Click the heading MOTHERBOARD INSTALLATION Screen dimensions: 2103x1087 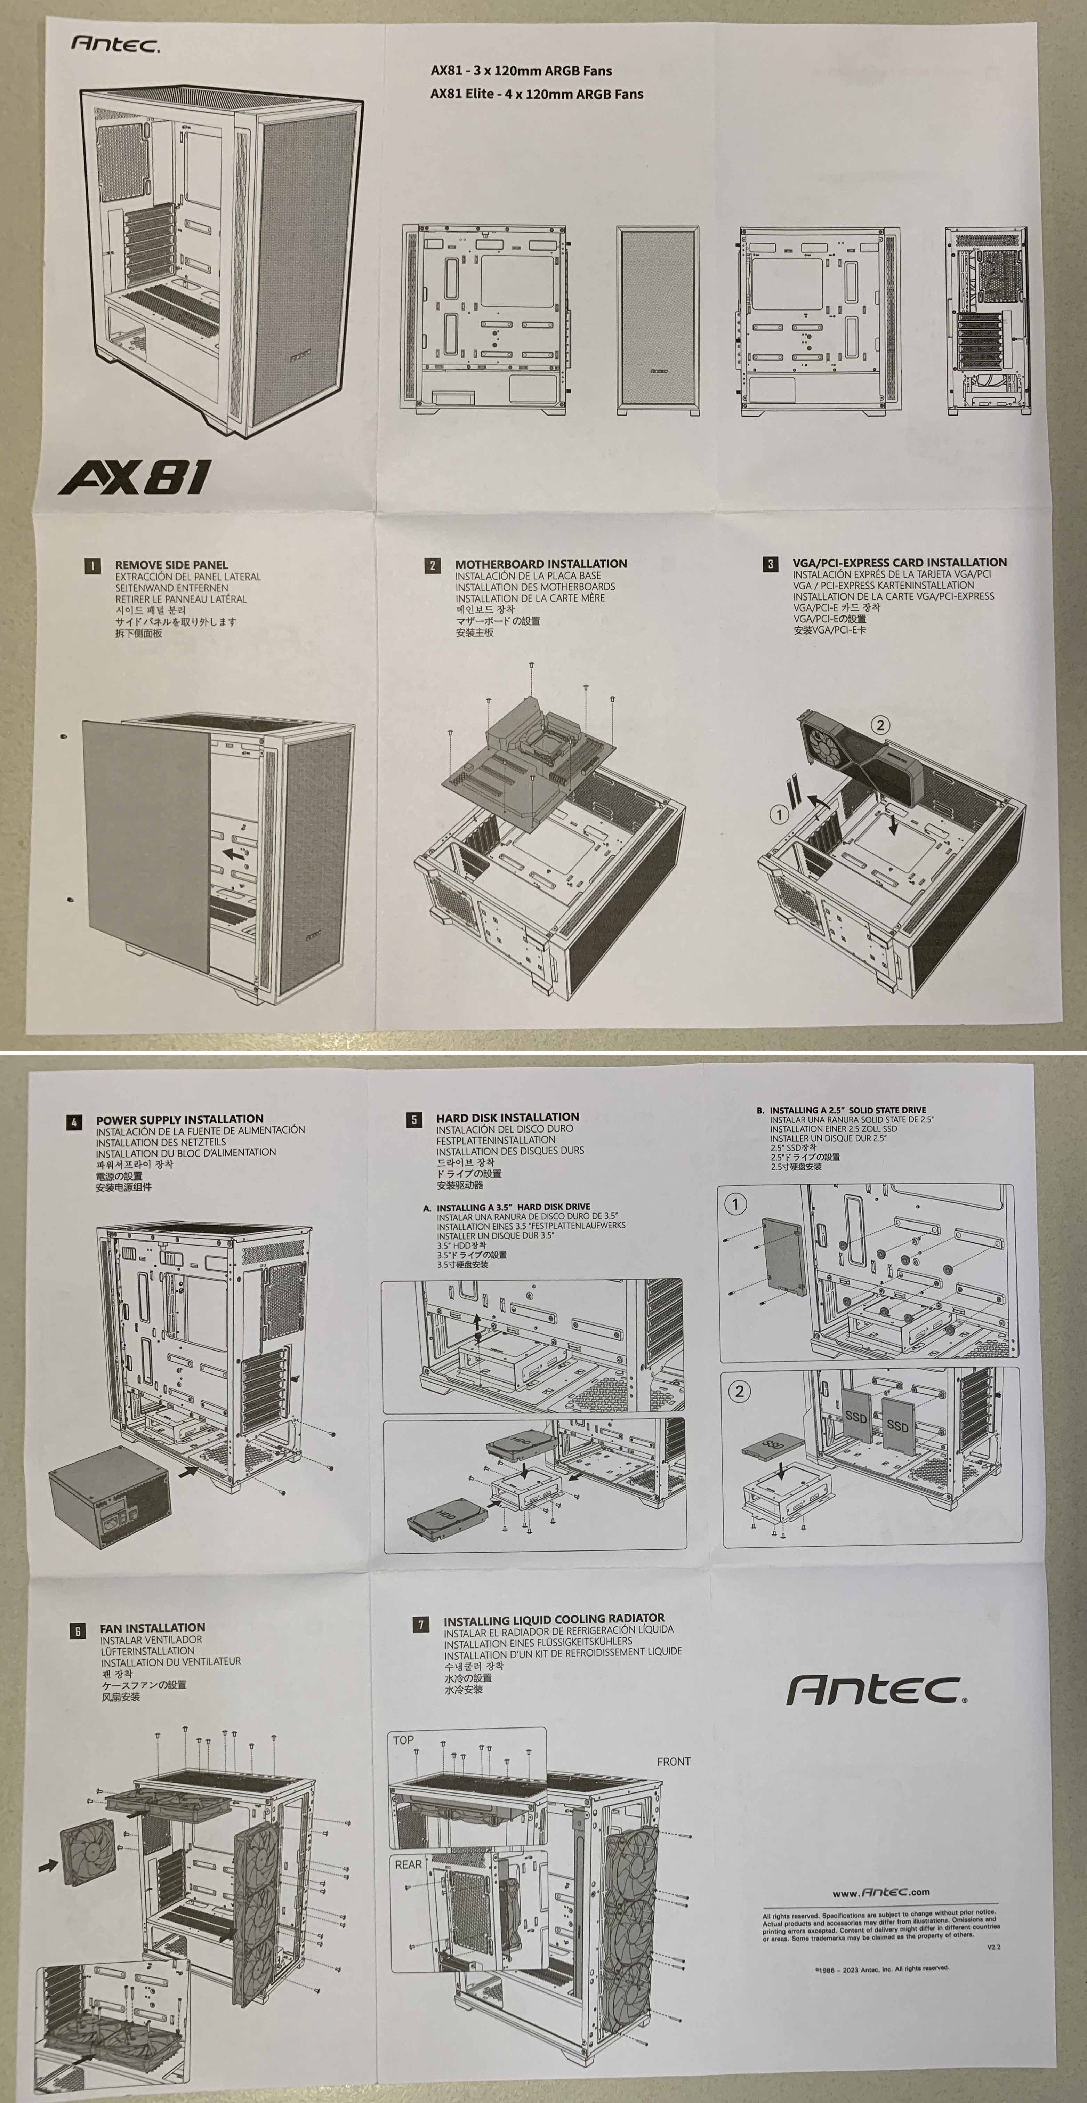541,563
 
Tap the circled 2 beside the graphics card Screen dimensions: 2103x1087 879,725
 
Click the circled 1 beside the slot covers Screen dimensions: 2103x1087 779,814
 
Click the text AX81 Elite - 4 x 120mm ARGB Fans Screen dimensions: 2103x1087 537,94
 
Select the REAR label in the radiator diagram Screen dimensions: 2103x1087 408,1864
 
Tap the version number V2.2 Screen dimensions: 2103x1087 993,1947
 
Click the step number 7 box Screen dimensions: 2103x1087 421,1625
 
